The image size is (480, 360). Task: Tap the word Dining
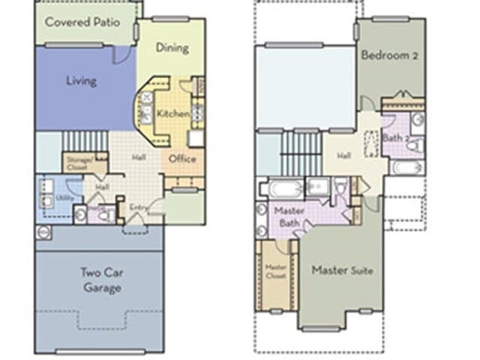(172, 48)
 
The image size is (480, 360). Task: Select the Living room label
(81, 80)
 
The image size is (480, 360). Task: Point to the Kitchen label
(172, 114)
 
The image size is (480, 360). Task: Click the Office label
(182, 159)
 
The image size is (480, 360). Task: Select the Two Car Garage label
(100, 280)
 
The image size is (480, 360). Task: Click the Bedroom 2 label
(390, 55)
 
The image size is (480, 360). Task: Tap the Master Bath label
(289, 217)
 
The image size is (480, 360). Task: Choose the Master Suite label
(342, 270)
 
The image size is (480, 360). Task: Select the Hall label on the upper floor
(343, 155)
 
